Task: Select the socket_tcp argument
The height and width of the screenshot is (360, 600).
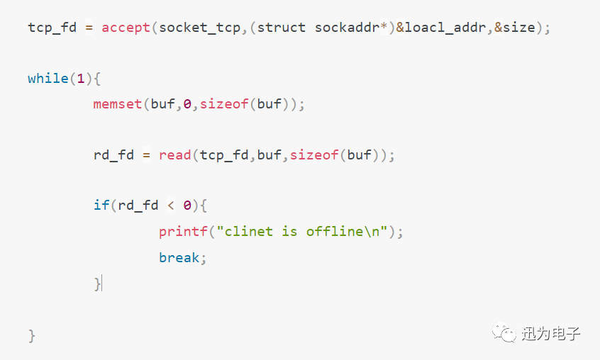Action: coord(200,28)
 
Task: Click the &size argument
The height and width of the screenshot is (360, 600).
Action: coord(511,28)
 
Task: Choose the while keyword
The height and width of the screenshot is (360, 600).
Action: coord(48,79)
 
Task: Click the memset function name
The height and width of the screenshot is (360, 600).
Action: coord(118,104)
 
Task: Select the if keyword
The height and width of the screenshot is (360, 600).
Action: coord(101,206)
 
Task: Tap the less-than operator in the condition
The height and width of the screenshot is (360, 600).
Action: coord(171,206)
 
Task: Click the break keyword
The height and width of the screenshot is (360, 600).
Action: coord(179,257)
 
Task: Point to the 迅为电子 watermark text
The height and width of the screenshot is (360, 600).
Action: coord(552,333)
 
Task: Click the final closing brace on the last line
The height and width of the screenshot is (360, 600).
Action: coord(32,335)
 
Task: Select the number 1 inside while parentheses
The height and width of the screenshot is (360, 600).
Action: coord(81,79)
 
